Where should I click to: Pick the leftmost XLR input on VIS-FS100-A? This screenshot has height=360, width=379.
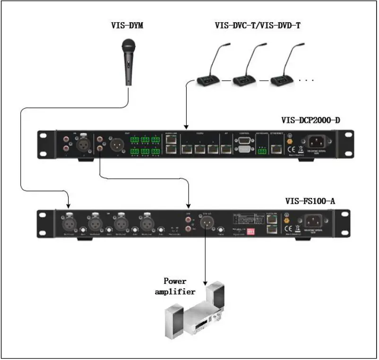coord(69,222)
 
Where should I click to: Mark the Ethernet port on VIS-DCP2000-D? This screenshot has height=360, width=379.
coord(276,147)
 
